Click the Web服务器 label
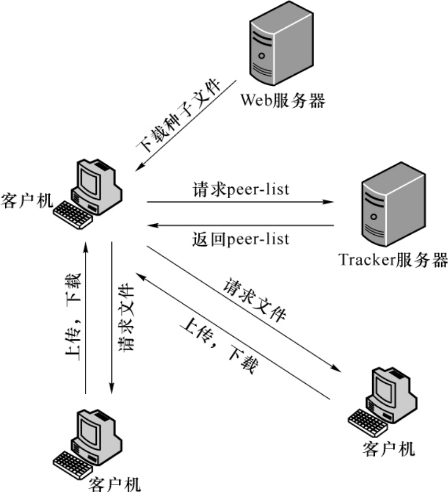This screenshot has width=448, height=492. (282, 99)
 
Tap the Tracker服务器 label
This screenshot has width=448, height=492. (393, 259)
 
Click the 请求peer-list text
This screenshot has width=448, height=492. (241, 189)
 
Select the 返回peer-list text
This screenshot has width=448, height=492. (241, 239)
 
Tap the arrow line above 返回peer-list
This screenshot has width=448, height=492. (241, 226)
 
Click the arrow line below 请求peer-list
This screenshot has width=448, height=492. (241, 201)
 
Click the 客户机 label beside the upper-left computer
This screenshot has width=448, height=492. (27, 200)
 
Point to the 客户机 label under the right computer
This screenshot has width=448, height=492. (388, 448)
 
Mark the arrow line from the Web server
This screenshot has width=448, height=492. (186, 125)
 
